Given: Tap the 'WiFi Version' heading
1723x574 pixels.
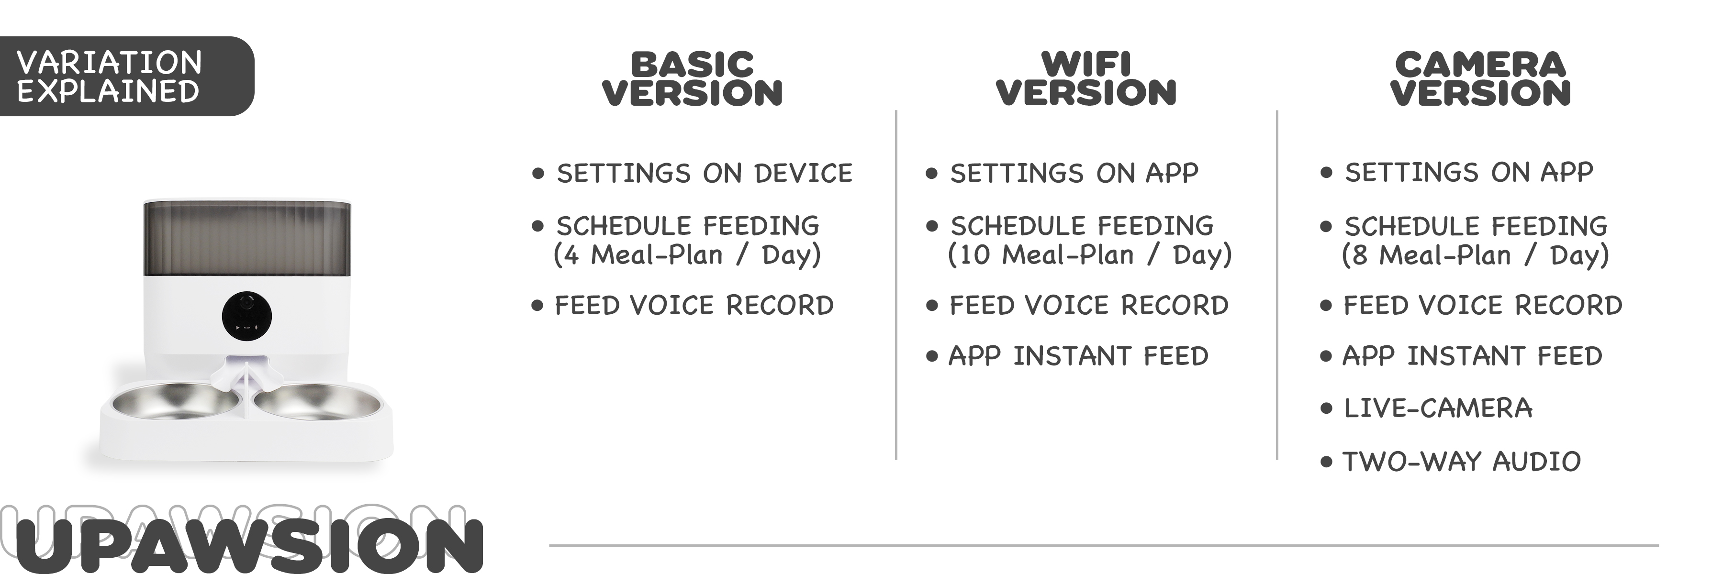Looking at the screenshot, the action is tap(1086, 79).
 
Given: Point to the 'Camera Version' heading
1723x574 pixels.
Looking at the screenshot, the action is tap(1480, 79).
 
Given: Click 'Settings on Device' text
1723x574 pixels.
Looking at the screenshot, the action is tap(705, 173).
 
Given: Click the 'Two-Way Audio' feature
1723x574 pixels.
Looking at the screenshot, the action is tap(1462, 462).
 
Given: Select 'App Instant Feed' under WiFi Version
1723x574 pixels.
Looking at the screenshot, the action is tap(1078, 356).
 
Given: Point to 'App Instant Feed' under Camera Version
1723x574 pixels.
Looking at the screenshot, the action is tap(1472, 356).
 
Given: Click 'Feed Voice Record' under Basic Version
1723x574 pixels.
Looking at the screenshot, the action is tap(694, 305).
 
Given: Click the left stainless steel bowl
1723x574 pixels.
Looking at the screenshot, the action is tap(175, 403).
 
